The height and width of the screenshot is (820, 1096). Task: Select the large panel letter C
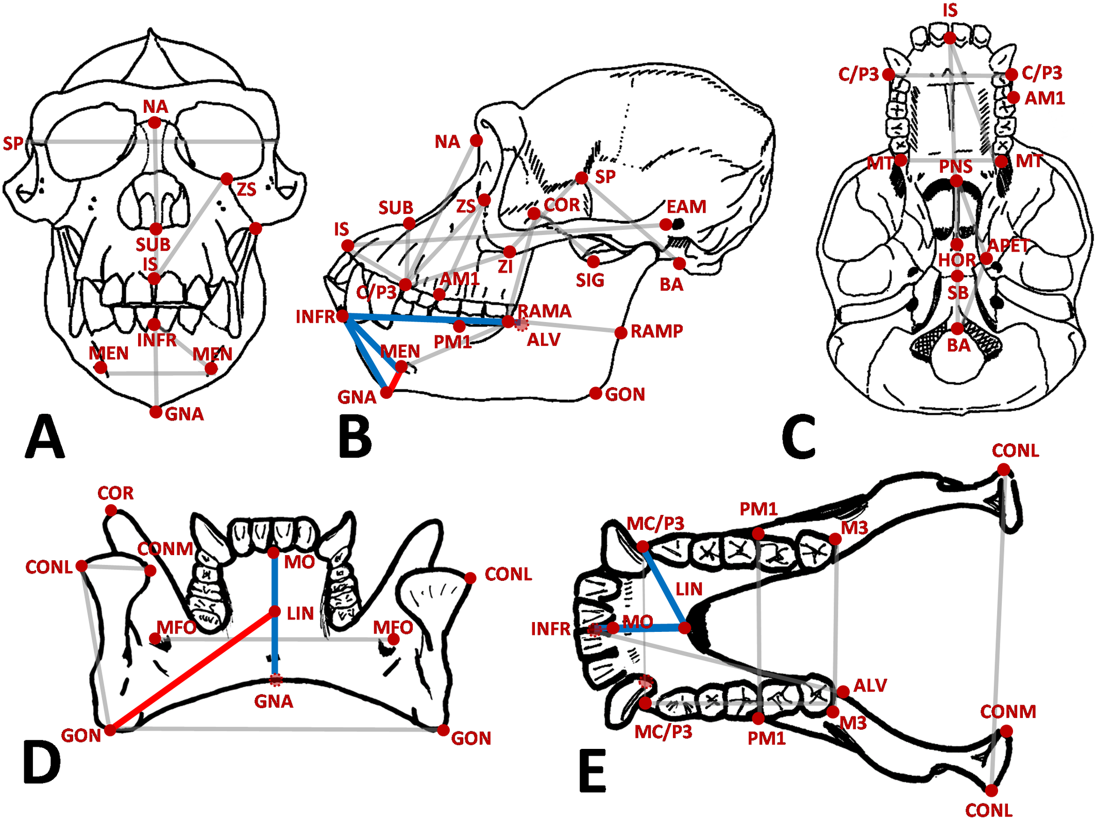coord(799,437)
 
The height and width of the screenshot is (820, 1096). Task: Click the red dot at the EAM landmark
coord(666,224)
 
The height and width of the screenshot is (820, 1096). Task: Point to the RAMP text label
coord(657,331)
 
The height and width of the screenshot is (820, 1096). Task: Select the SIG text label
coord(590,280)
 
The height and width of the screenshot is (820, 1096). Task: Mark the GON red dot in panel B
coord(596,393)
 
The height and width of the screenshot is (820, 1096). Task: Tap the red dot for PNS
coord(956,181)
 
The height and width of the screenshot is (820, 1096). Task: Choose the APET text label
coord(1008,245)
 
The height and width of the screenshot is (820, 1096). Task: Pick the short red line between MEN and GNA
coord(394,381)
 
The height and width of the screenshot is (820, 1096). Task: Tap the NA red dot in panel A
coord(155,123)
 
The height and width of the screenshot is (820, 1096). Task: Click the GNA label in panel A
coord(184,414)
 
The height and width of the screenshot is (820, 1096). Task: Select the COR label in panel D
coord(115,493)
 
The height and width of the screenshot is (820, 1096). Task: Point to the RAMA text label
coord(544,311)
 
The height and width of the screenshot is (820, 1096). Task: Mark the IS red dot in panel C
coord(950,38)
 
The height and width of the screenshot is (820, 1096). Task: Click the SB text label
coord(958,293)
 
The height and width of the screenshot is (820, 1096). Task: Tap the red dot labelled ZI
coord(510,252)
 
